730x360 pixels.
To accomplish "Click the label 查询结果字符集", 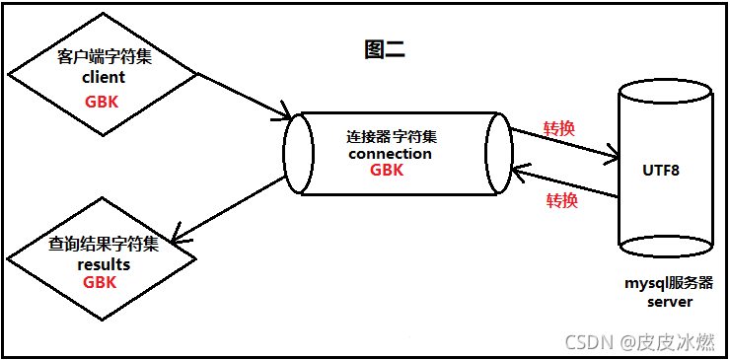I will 102,244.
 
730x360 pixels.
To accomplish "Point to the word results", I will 103,263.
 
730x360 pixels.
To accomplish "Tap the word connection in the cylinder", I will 391,153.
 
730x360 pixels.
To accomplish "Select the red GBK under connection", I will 387,171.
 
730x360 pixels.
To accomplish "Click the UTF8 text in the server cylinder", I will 661,170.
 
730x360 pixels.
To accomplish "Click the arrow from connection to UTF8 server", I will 563,142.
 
